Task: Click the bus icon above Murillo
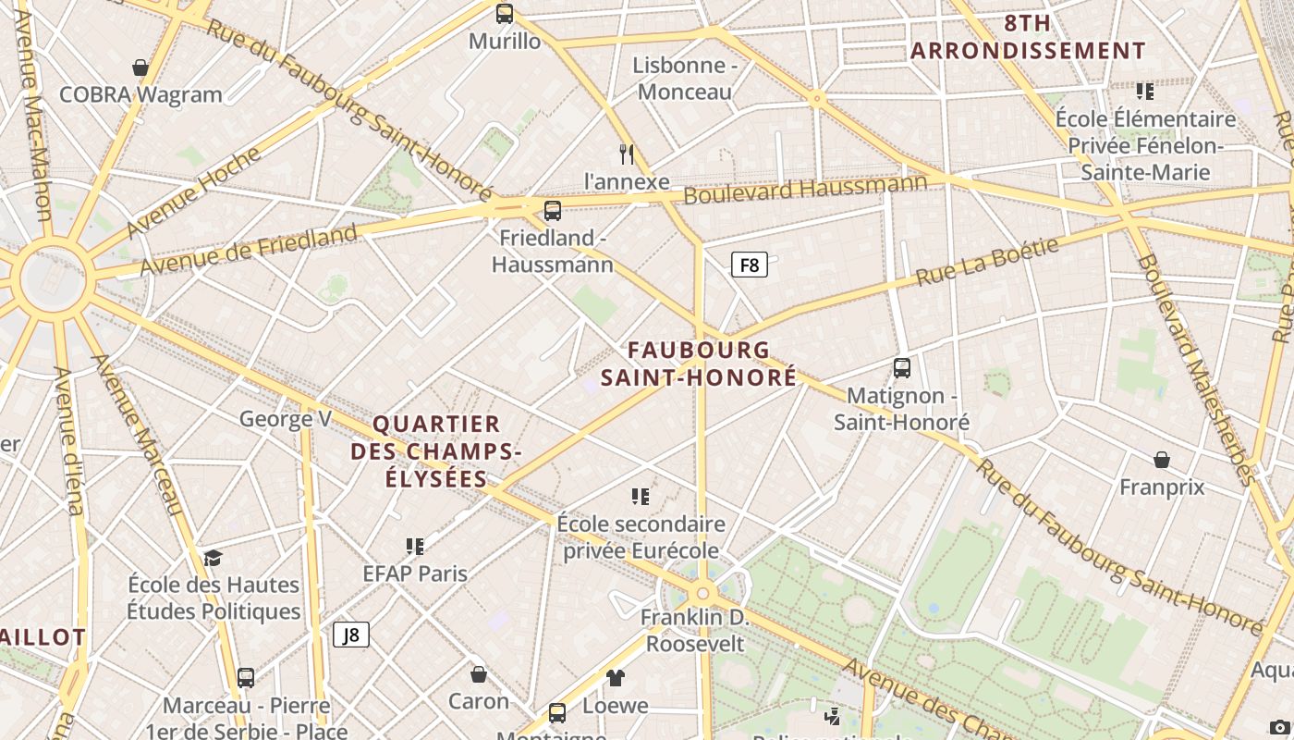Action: (x=504, y=14)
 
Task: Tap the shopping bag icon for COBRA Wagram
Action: (x=140, y=68)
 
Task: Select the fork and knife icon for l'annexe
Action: (x=627, y=154)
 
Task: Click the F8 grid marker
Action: (x=750, y=265)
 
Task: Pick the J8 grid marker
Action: (x=351, y=635)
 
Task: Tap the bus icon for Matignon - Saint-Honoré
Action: (x=902, y=368)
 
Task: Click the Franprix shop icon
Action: (x=1162, y=460)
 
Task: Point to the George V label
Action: (x=285, y=419)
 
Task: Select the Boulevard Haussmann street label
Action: (x=805, y=189)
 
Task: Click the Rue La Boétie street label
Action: (x=986, y=262)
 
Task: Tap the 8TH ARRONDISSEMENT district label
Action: (x=1028, y=37)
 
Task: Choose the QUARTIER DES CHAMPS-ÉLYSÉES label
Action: (x=436, y=451)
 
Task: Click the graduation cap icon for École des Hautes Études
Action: (x=214, y=557)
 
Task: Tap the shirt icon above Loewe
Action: (x=616, y=678)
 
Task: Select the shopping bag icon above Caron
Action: (x=479, y=674)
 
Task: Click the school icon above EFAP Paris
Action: (x=415, y=547)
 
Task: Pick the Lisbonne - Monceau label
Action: (x=685, y=79)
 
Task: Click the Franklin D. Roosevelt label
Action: (x=695, y=630)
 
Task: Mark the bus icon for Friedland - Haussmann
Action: (x=553, y=211)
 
